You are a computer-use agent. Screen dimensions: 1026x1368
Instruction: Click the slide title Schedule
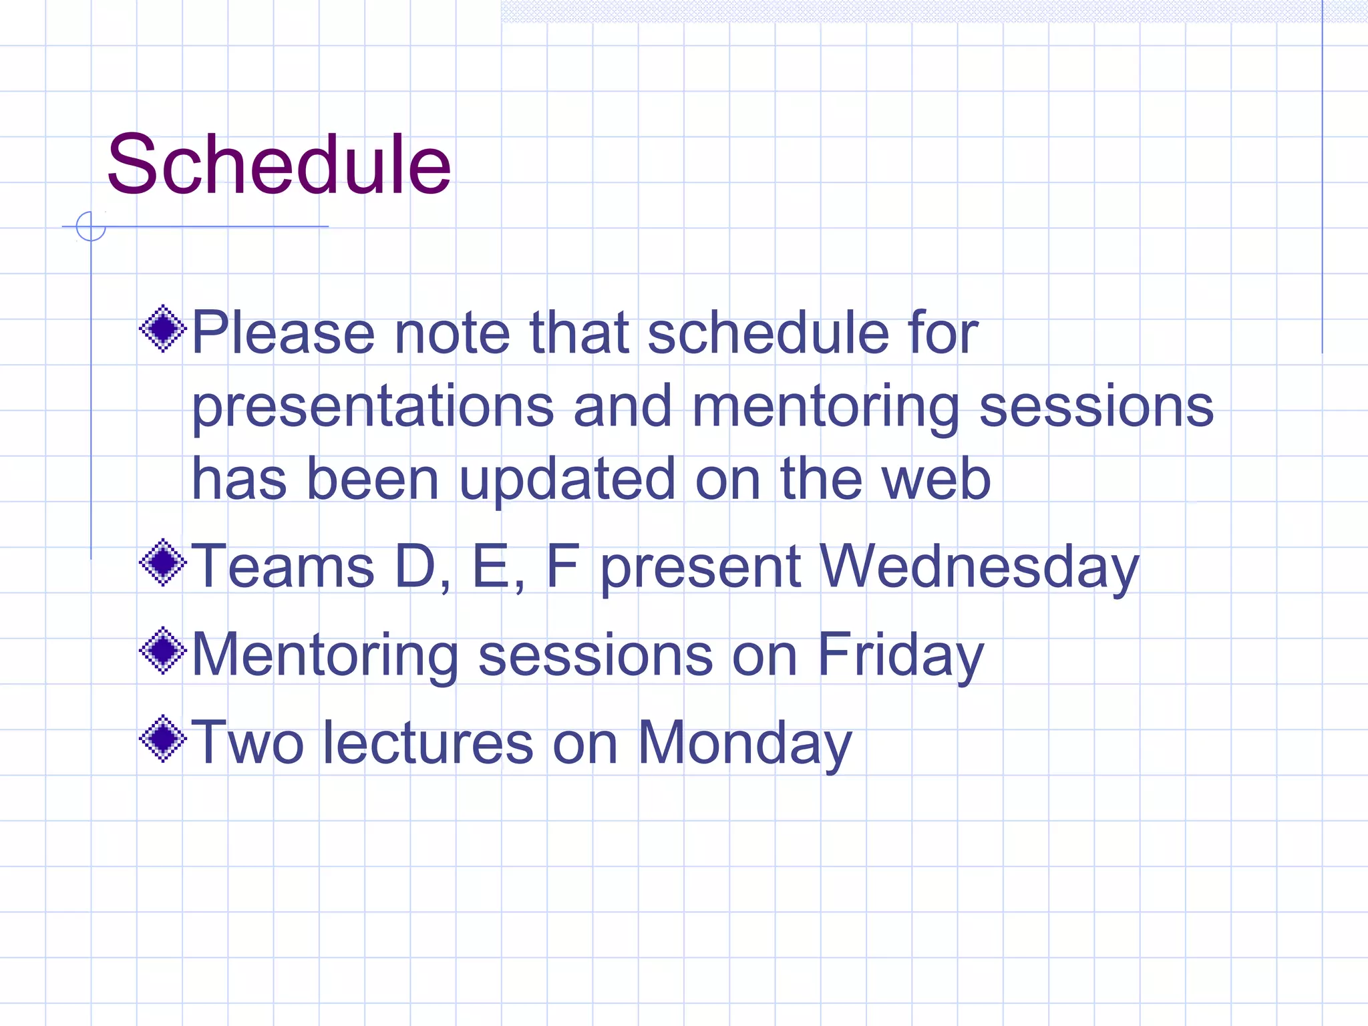[279, 164]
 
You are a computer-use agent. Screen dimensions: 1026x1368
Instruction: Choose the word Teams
[283, 566]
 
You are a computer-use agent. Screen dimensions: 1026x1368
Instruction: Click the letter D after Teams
[415, 566]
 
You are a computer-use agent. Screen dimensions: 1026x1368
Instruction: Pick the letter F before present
[562, 566]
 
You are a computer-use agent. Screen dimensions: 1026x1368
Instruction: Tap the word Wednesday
[979, 566]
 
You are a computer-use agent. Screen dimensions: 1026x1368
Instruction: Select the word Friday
[900, 655]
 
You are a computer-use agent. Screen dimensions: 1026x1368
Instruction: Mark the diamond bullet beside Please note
[163, 329]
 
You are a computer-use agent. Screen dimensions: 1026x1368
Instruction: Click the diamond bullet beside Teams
[163, 562]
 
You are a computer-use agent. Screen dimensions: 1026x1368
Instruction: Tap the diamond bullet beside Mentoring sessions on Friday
[163, 651]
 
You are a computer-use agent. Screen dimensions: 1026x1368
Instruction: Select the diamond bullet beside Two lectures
[163, 739]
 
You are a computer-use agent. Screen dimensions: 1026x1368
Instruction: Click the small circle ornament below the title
[91, 226]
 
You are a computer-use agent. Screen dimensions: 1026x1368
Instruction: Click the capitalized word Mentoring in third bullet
[325, 655]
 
